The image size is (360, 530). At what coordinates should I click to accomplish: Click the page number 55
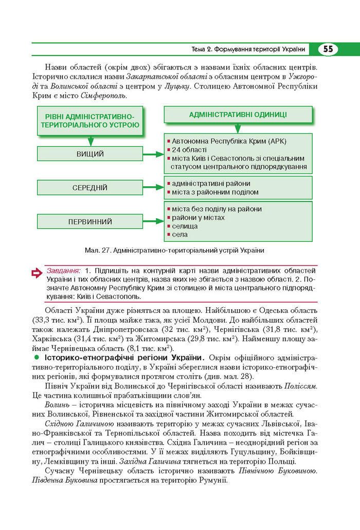coord(328,49)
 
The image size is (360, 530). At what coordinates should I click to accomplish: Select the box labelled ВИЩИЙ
coord(90,154)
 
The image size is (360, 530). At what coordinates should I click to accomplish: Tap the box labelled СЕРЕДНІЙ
coord(90,188)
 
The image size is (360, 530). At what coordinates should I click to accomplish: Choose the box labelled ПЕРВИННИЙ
coord(90,222)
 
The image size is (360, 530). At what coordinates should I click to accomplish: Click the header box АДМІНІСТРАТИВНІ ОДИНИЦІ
coord(238,115)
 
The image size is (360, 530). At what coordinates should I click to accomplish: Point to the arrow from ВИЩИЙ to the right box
coord(152,154)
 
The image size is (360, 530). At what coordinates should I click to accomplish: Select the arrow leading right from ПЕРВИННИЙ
coord(152,222)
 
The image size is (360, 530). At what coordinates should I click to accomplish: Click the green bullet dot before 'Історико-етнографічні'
coord(37,357)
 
